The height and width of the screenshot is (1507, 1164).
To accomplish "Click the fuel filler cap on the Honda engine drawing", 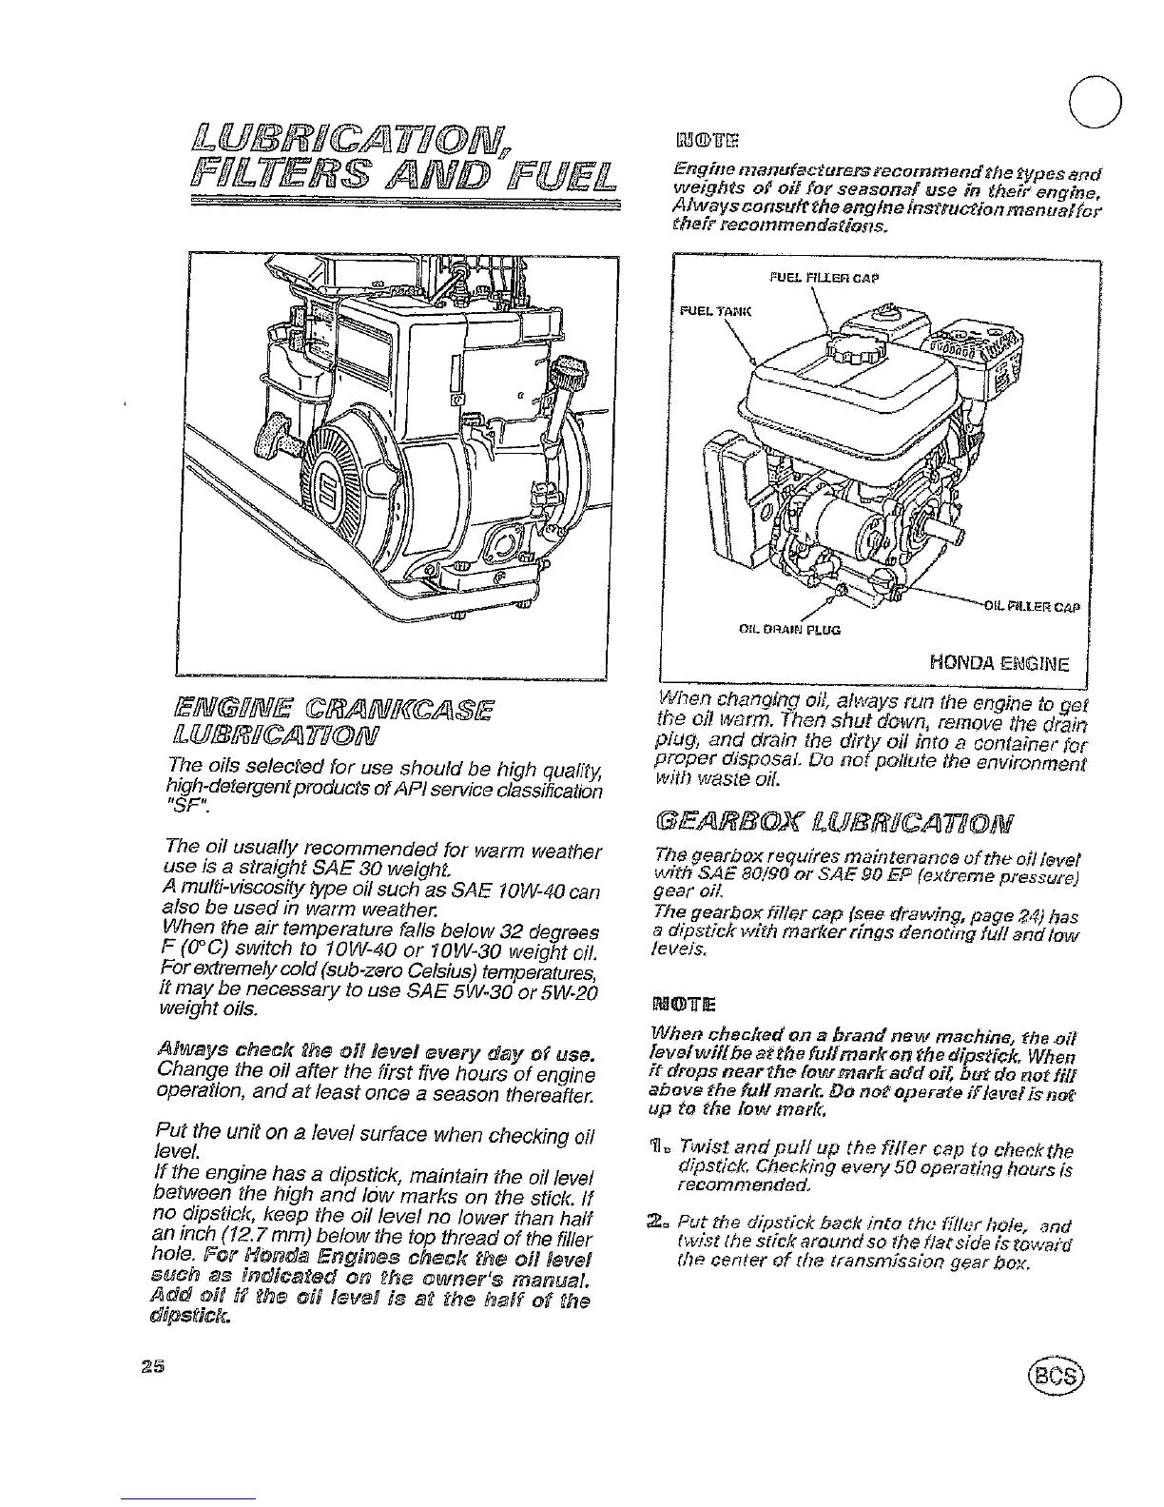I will tap(846, 357).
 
